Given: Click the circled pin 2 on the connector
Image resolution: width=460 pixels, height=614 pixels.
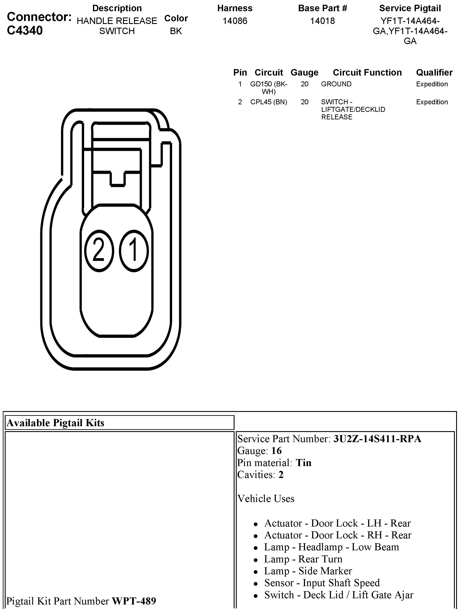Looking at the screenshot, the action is pyautogui.click(x=99, y=251).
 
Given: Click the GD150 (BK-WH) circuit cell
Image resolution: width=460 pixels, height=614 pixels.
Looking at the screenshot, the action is pyautogui.click(x=269, y=88).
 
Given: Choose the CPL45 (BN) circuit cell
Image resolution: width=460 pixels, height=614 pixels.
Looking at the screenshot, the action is pyautogui.click(x=269, y=102).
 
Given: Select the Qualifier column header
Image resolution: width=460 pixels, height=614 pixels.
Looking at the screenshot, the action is pyautogui.click(x=434, y=73).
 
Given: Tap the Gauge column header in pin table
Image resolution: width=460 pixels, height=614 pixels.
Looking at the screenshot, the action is pyautogui.click(x=304, y=73).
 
